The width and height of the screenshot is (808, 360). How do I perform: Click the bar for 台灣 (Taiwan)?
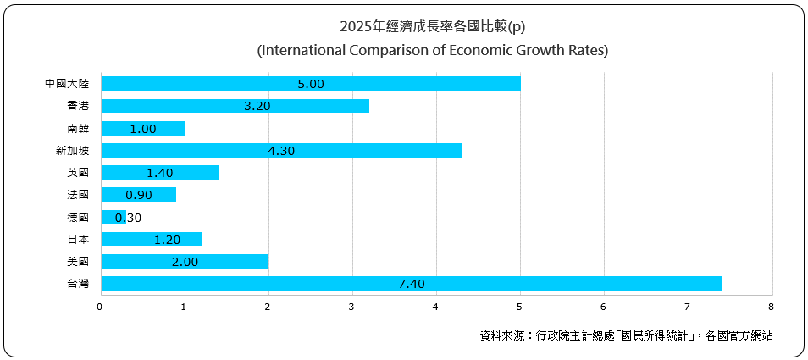tap(411, 283)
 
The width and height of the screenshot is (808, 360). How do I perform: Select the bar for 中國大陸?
tap(310, 83)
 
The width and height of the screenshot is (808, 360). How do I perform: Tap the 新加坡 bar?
tap(280, 150)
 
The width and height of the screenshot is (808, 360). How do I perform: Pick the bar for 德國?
tap(113, 217)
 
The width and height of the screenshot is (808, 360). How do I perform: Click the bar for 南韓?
tap(142, 128)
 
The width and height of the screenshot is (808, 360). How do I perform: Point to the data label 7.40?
tap(411, 284)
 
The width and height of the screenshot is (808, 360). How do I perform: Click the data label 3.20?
tap(235, 106)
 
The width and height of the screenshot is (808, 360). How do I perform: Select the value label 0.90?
tap(138, 195)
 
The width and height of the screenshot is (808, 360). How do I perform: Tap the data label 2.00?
tap(184, 262)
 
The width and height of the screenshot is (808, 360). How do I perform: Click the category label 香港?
tap(78, 106)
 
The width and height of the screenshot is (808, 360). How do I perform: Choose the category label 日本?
tap(78, 239)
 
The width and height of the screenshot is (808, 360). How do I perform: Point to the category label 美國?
tap(78, 262)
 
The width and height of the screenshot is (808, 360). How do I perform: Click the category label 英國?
tap(78, 173)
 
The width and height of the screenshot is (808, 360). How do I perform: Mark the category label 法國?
tap(78, 195)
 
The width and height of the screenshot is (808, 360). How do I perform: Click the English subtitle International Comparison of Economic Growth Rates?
tap(433, 50)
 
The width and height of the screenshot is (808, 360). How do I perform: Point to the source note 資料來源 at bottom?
tap(626, 335)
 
